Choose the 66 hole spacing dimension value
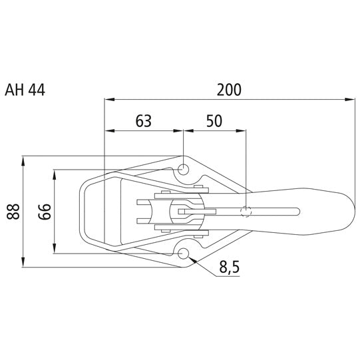coord(43,212)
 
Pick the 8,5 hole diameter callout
coord(228,268)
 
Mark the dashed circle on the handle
coord(246,212)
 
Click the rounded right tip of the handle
coord(351,212)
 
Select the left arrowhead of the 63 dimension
coord(108,132)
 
